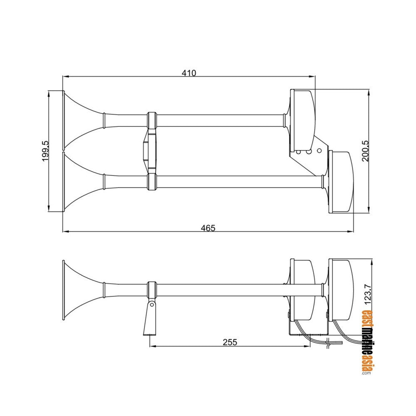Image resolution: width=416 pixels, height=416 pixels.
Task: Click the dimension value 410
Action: pyautogui.click(x=189, y=73)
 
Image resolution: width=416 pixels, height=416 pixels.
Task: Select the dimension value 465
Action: pyautogui.click(x=208, y=228)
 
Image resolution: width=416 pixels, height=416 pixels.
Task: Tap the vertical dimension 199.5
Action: pyautogui.click(x=45, y=151)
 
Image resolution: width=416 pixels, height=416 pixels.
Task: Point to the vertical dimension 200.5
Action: pyautogui.click(x=365, y=151)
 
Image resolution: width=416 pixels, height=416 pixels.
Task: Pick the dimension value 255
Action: pyautogui.click(x=230, y=342)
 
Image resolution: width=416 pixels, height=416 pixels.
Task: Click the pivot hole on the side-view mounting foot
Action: pyautogui.click(x=152, y=305)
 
